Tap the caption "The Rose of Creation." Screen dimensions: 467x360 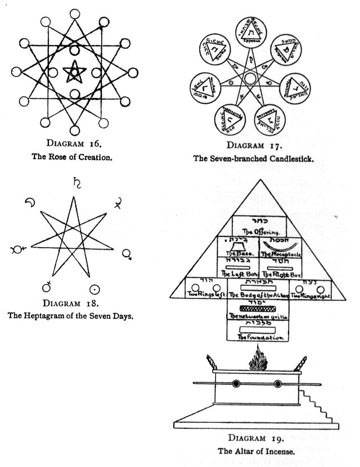[74, 158]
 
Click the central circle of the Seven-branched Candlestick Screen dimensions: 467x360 [250, 78]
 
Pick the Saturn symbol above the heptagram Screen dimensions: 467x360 [77, 183]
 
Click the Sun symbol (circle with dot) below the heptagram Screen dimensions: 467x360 [94, 289]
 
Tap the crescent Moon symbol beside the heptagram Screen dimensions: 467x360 [30, 203]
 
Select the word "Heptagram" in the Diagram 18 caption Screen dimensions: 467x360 [52, 315]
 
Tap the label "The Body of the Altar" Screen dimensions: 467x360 [258, 296]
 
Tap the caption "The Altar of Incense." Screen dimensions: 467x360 [255, 451]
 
